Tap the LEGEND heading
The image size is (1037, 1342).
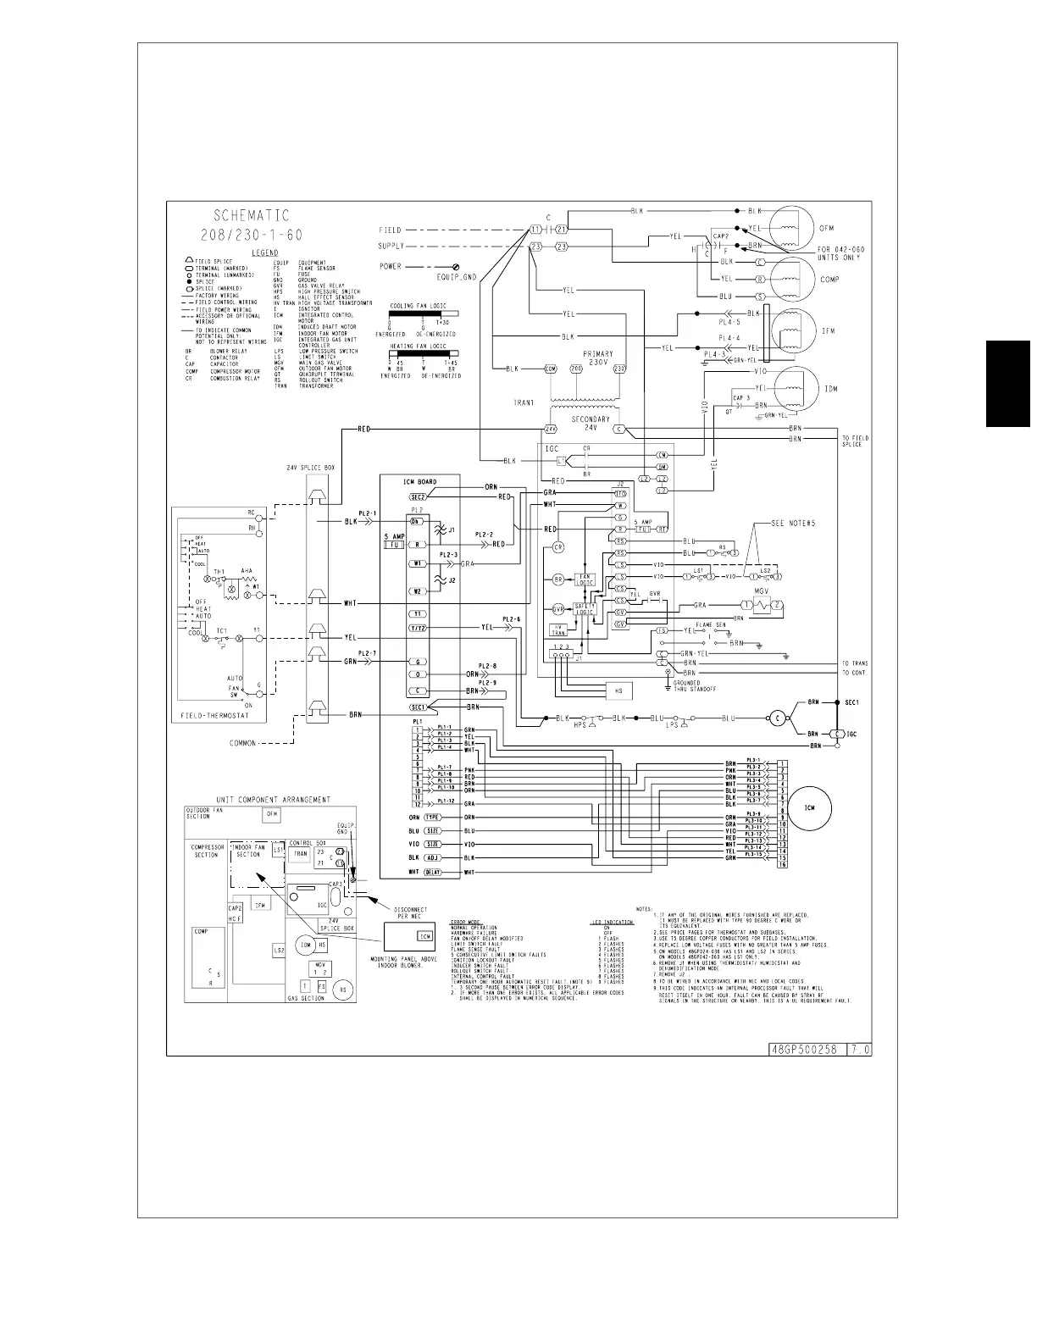(265, 252)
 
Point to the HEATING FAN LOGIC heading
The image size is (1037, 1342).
(418, 346)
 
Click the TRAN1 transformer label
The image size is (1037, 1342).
(523, 403)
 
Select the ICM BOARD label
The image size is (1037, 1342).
(419, 482)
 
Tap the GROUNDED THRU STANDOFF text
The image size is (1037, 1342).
(695, 685)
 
